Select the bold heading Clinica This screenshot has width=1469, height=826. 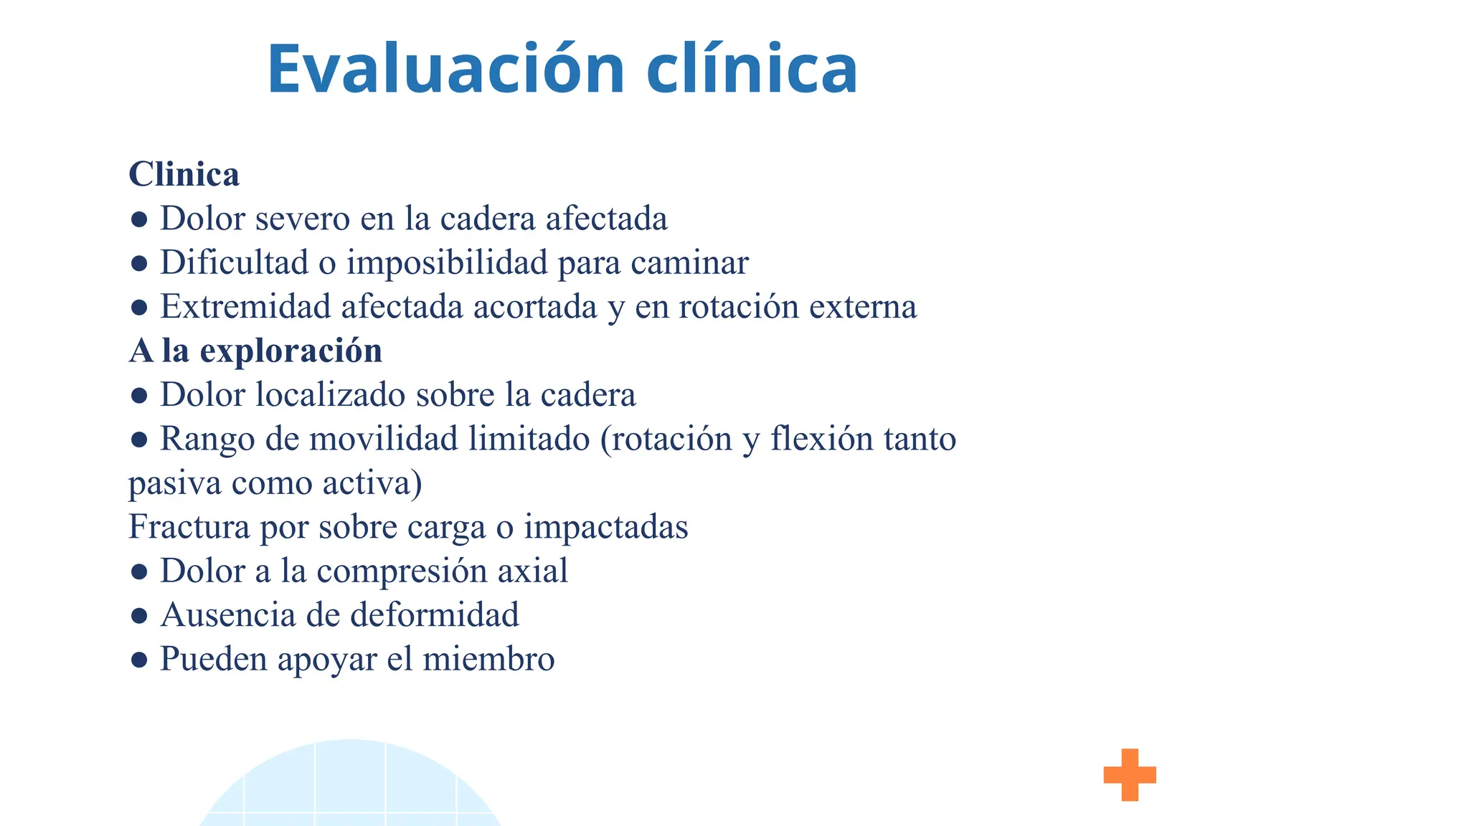coord(184,174)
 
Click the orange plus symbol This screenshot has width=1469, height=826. coord(1130,774)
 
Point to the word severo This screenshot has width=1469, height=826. coord(302,219)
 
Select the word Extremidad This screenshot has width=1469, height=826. coord(245,307)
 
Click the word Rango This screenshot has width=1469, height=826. coord(207,439)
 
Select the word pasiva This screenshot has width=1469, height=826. coord(175,483)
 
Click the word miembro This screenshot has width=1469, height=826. coord(488,659)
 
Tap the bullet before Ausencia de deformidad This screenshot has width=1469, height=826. coord(139,616)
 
